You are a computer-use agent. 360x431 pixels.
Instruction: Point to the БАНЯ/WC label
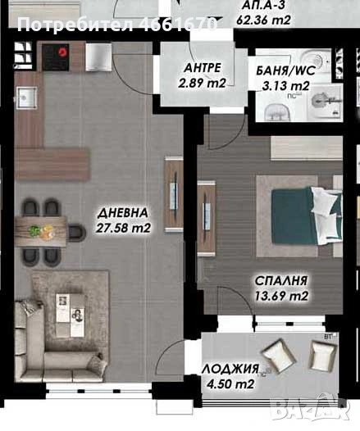click(277, 71)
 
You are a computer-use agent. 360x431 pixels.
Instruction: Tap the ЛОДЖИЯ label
click(230, 370)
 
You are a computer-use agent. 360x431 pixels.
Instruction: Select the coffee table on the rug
click(68, 307)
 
